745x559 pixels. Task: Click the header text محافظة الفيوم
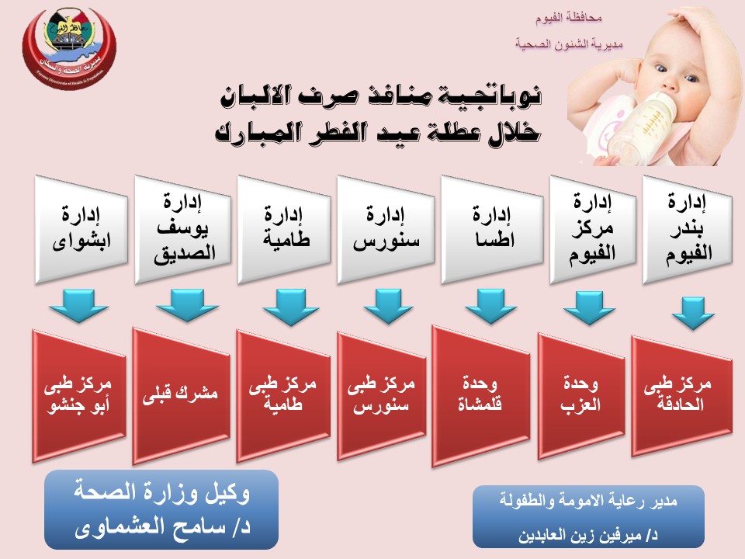point(570,16)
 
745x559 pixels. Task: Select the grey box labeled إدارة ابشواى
point(82,230)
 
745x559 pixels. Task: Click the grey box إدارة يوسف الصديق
point(183,230)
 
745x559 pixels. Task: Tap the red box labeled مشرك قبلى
point(182,394)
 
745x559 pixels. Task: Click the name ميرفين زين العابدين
point(590,535)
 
